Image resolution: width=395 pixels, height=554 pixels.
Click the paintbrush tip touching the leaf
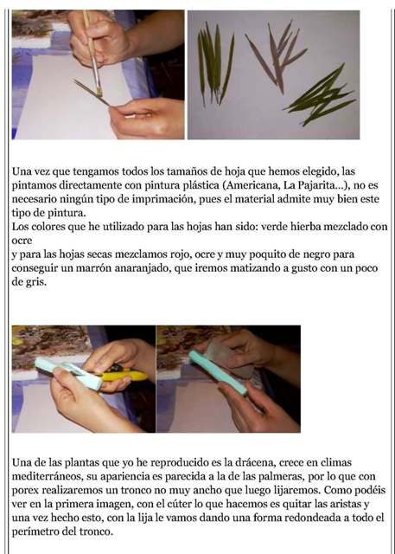[x=99, y=92]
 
